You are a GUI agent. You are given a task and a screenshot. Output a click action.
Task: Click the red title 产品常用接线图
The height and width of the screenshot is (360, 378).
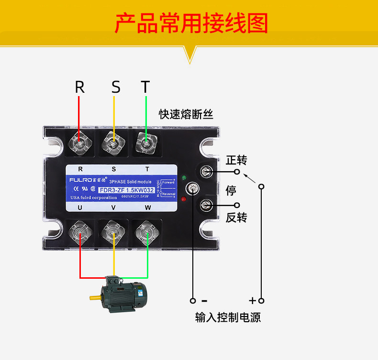(191, 23)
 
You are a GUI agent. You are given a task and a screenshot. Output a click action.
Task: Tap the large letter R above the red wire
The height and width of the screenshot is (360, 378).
(80, 87)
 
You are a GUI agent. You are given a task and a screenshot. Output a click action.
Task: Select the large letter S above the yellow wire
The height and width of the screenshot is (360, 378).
(116, 87)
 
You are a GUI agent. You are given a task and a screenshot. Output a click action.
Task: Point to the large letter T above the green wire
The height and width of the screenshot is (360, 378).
(145, 87)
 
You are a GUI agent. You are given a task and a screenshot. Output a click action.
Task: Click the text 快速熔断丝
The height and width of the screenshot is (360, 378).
(186, 114)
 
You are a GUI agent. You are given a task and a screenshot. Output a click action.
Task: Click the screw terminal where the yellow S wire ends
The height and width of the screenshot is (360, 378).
(114, 142)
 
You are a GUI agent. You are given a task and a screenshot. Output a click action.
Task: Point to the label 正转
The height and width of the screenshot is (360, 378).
(236, 160)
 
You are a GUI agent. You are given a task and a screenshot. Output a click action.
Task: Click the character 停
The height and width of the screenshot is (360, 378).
(231, 190)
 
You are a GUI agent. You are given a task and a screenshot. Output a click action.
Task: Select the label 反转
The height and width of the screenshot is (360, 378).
(236, 217)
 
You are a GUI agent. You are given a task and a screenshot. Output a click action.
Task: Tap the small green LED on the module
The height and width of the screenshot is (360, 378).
(184, 178)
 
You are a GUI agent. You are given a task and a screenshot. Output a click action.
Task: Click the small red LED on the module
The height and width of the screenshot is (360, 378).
(184, 198)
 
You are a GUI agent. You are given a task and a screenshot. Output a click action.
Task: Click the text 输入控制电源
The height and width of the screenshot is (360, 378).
(228, 317)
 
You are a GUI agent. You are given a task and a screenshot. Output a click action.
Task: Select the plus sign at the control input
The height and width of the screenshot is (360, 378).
(252, 301)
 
